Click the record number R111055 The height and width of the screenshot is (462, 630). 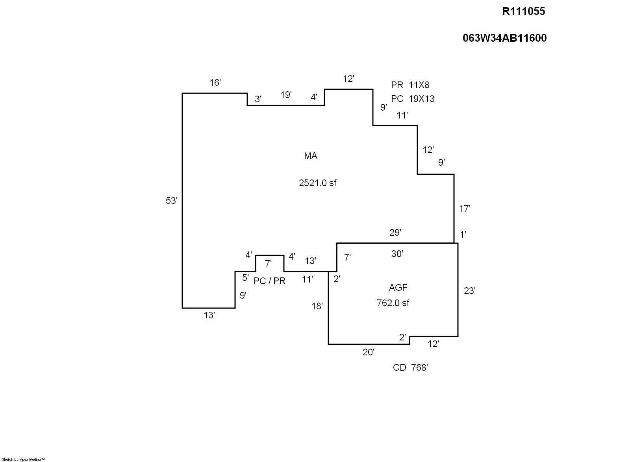click(523, 11)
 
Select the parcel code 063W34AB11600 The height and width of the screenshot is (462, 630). click(504, 38)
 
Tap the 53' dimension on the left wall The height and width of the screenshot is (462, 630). click(172, 201)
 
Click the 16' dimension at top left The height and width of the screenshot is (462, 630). click(215, 83)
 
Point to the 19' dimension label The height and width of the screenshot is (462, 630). click(286, 95)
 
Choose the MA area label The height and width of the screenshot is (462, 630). click(310, 156)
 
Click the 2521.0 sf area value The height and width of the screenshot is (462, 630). click(317, 183)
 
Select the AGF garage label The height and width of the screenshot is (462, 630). click(398, 287)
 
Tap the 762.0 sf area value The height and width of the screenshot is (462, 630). click(393, 303)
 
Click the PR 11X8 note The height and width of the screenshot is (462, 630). click(410, 85)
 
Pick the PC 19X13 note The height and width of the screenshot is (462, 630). click(412, 99)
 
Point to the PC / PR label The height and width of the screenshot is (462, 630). click(269, 281)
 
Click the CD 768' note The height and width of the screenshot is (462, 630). click(410, 368)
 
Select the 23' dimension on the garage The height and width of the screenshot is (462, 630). click(469, 291)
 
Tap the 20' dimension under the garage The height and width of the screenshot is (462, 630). click(368, 352)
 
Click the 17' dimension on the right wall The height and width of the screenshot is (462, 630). click(465, 209)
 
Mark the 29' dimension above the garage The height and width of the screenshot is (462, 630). click(395, 233)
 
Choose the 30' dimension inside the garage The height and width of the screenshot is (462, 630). click(397, 254)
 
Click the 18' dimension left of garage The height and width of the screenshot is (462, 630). click(317, 306)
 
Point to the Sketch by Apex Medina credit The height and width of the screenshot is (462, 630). click(23, 459)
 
